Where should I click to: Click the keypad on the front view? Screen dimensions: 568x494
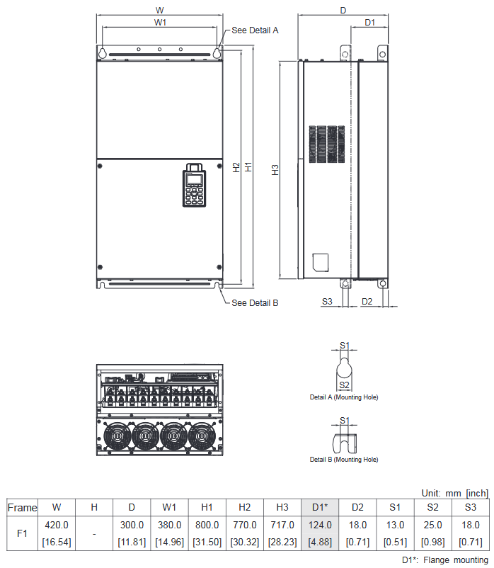tap(194, 186)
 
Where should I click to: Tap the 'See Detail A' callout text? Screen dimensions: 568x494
tap(255, 30)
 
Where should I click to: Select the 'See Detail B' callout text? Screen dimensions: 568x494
tap(255, 302)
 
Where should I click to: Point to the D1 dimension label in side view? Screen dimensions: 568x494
tap(369, 23)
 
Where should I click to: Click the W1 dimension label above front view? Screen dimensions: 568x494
tap(160, 23)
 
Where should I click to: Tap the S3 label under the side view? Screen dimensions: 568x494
tap(327, 302)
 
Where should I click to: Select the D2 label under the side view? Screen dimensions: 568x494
tap(367, 302)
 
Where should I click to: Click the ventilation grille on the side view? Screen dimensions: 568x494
tap(326, 144)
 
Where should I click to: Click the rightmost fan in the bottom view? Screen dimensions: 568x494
tap(202, 437)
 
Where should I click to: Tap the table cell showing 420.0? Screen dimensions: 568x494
tap(57, 525)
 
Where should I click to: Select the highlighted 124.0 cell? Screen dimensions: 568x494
tap(321, 525)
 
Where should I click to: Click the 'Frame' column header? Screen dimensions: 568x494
tap(22, 507)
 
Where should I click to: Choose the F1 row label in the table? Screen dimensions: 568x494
tap(22, 533)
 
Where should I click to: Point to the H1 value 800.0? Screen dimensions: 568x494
tap(207, 525)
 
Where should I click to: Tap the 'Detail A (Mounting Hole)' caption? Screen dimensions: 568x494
tap(344, 397)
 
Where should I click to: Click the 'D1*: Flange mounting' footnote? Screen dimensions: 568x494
tap(444, 560)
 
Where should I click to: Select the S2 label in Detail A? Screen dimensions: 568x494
tap(345, 385)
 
